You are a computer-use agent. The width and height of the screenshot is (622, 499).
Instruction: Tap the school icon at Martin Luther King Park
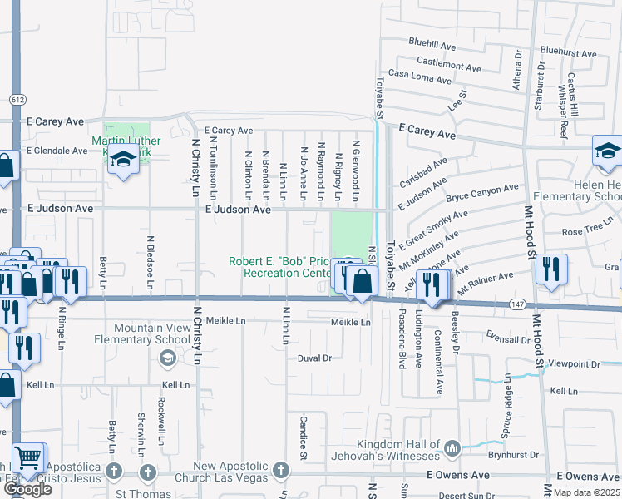[x=123, y=158]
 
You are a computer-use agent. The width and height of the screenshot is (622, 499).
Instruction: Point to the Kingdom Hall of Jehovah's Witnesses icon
[x=452, y=449]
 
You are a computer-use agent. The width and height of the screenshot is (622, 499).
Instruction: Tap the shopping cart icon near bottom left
[x=28, y=457]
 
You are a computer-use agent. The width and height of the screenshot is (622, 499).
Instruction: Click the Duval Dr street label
[x=314, y=358]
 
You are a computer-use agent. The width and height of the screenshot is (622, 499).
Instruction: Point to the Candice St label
[x=304, y=438]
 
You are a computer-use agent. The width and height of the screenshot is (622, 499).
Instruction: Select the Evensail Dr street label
[x=508, y=339]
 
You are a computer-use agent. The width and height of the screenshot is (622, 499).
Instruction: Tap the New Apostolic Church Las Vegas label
[x=230, y=472]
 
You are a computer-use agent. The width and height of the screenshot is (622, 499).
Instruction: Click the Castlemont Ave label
[x=449, y=62]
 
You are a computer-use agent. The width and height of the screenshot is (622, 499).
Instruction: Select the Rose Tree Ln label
[x=587, y=231]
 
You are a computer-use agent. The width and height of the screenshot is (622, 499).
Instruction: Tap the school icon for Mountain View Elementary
[x=166, y=358]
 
